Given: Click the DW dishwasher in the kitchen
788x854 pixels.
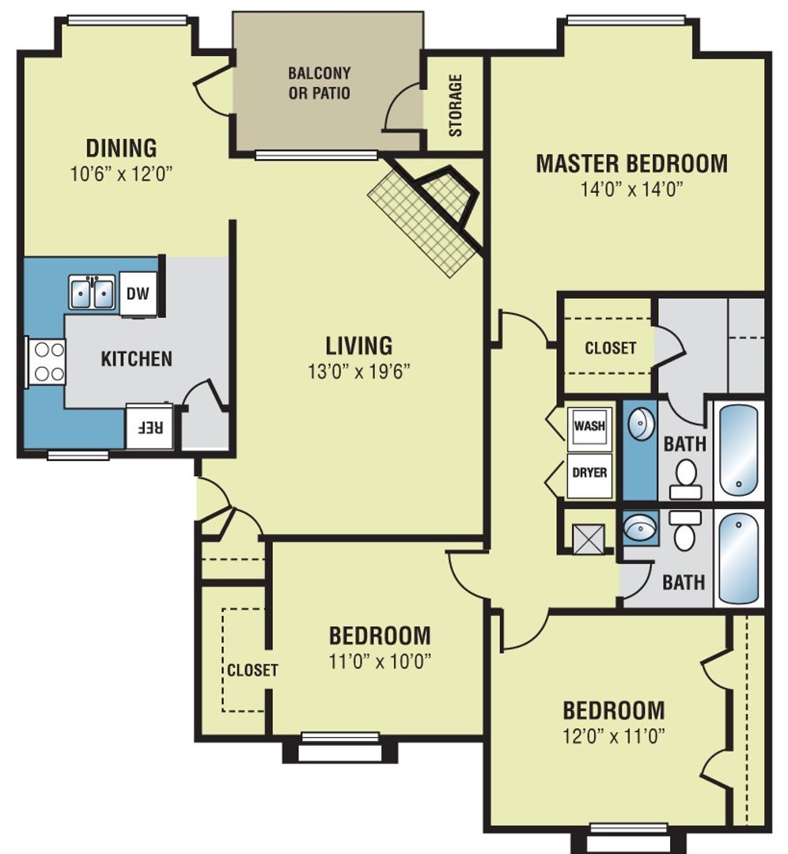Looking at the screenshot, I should point(138,294).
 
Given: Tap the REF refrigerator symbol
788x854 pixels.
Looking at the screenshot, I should point(150,427).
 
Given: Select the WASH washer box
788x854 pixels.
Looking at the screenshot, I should point(589,425).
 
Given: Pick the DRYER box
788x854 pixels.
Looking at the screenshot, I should point(589,474).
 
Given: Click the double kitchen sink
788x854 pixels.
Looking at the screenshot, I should point(93,293).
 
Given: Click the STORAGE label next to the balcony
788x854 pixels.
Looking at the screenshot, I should point(456,105).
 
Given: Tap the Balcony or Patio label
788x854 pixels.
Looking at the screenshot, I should point(319,83).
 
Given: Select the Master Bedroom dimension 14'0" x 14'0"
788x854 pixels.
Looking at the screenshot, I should point(631,188).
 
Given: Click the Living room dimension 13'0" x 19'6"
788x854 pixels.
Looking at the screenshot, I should point(359,371).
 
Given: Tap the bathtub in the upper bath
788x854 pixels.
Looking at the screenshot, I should point(738,451).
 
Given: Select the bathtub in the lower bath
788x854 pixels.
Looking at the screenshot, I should point(738,559).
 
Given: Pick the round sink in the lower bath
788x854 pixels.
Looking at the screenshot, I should point(639,528).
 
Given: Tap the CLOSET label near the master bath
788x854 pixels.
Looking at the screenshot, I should point(610,347).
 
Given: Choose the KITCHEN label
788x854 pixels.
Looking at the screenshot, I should point(136,358).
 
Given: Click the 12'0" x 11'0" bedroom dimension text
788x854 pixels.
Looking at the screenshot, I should point(613,735).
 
